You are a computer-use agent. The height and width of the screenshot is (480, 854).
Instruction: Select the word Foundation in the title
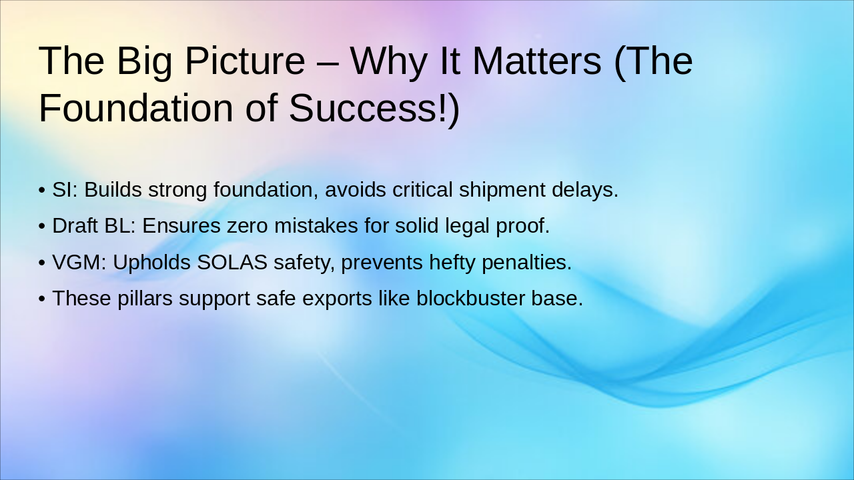135,108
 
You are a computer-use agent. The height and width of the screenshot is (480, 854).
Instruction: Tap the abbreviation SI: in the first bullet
65,190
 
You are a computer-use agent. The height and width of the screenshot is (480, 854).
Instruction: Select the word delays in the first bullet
582,190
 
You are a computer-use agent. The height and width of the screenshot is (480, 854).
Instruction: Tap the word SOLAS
232,263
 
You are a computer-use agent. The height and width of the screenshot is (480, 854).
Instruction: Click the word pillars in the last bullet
145,298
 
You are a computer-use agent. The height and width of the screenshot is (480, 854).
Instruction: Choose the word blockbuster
471,298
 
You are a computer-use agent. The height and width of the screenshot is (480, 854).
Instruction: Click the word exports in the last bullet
337,300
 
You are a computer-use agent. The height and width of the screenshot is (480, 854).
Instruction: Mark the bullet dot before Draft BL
42,226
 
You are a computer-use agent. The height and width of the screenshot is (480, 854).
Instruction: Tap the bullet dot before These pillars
42,299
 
